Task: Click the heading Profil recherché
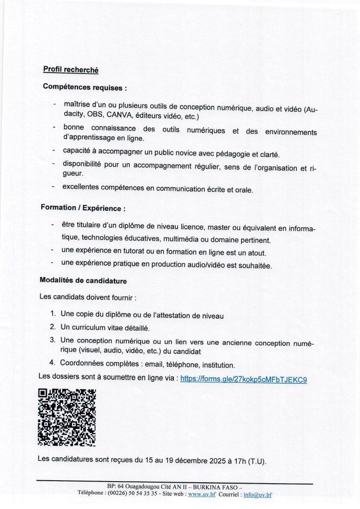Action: pyautogui.click(x=71, y=70)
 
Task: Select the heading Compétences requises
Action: pyautogui.click(x=85, y=87)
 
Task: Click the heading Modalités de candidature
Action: pyautogui.click(x=83, y=281)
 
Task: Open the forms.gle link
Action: pyautogui.click(x=243, y=379)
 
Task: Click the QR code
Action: pyautogui.click(x=67, y=417)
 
